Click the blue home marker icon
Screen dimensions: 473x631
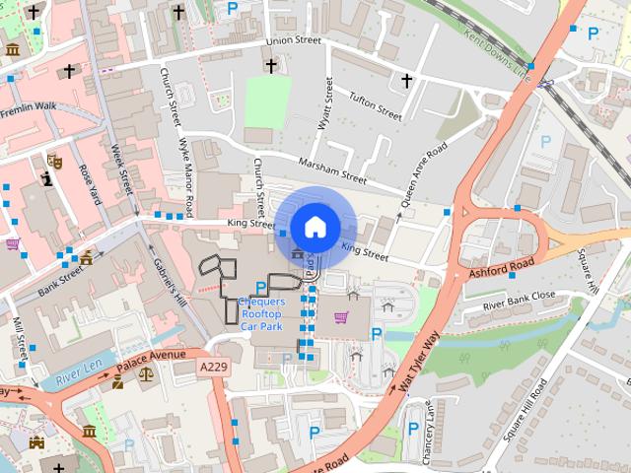(314, 227)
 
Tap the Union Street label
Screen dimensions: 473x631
(294, 40)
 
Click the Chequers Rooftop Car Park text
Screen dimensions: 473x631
(262, 313)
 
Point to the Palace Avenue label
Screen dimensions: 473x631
(152, 361)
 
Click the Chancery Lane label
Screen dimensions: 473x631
(429, 422)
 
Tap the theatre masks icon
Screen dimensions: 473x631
(54, 160)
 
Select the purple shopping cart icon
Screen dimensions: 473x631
(341, 317)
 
